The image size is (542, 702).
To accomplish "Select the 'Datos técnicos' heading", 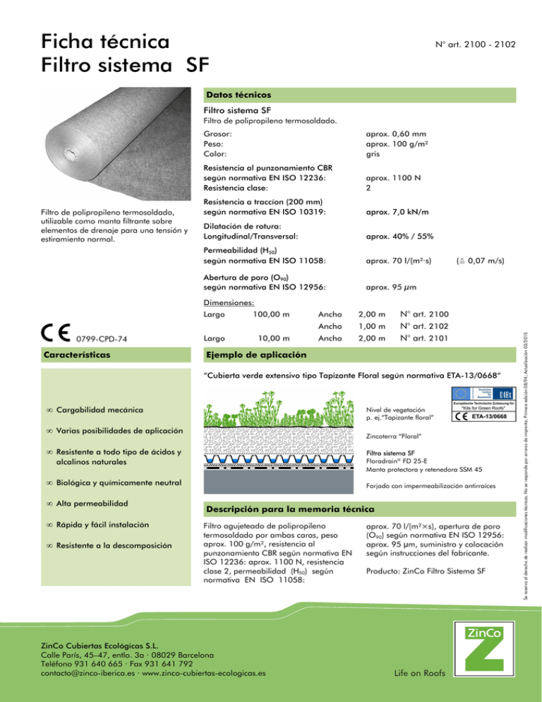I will (237, 93).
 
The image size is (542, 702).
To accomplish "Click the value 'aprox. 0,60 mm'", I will (393, 133).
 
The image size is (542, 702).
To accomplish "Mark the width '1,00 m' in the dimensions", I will (371, 326).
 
